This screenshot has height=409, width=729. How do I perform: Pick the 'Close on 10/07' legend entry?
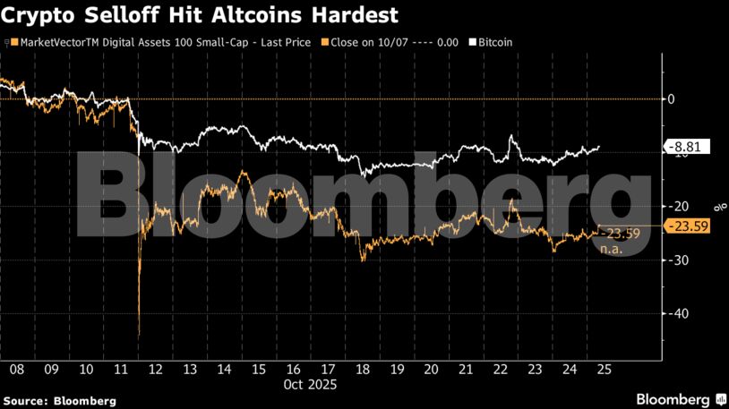click(395, 42)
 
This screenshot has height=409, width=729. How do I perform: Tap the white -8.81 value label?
click(687, 147)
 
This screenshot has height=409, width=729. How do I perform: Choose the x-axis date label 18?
click(362, 370)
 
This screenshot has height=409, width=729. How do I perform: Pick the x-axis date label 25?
click(605, 370)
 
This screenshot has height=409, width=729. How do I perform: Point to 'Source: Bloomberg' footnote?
click(59, 401)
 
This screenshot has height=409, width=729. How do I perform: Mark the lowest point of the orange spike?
click(139, 336)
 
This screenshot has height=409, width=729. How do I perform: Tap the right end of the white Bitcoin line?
click(599, 147)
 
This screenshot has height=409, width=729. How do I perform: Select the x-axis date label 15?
click(258, 370)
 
